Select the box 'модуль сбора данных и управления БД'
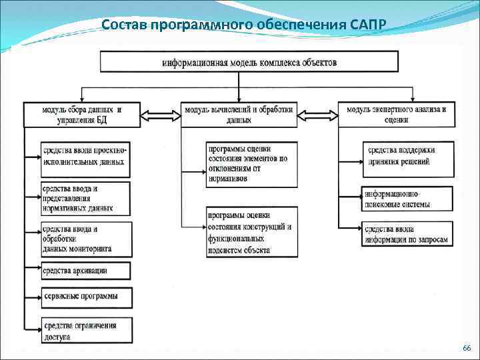(x=81, y=115)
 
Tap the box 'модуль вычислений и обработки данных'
(x=239, y=115)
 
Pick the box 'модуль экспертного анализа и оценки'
(x=396, y=115)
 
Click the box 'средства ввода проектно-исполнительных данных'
(x=85, y=158)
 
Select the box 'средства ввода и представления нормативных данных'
(x=85, y=198)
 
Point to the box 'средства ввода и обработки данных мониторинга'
(x=85, y=239)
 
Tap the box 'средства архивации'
(x=85, y=271)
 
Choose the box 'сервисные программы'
(x=85, y=296)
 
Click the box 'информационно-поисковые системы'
(x=407, y=199)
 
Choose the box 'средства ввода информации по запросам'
(x=407, y=233)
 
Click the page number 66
(x=466, y=349)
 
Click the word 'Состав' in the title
(x=125, y=25)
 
